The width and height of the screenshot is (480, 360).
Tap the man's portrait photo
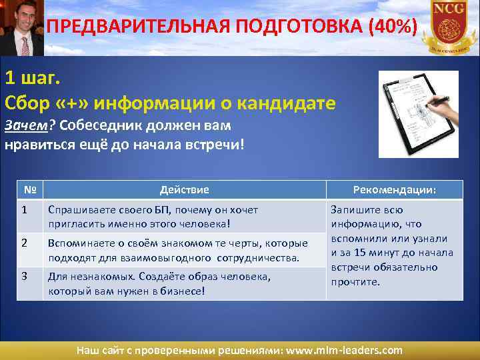[21, 27]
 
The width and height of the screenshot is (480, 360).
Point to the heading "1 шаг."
[32, 78]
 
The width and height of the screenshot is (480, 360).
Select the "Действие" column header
[184, 190]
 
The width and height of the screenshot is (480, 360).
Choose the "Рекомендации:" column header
[394, 190]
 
